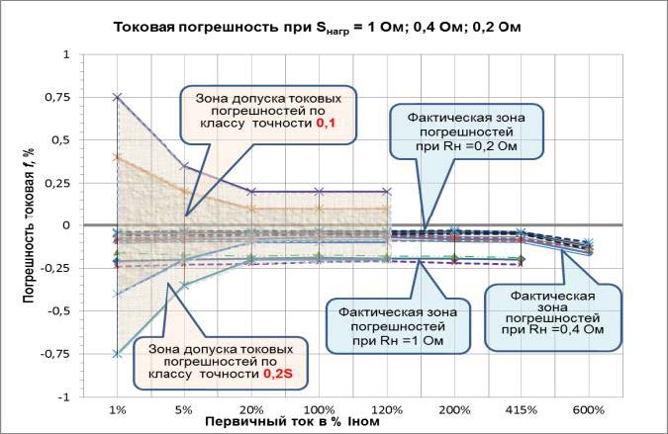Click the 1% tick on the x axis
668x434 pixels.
(118, 409)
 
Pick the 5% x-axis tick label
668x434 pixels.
(185, 409)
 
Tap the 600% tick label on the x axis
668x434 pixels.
(588, 409)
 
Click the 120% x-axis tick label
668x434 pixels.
(386, 409)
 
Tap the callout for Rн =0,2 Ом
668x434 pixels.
(466, 132)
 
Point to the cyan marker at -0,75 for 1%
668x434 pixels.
(118, 354)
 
